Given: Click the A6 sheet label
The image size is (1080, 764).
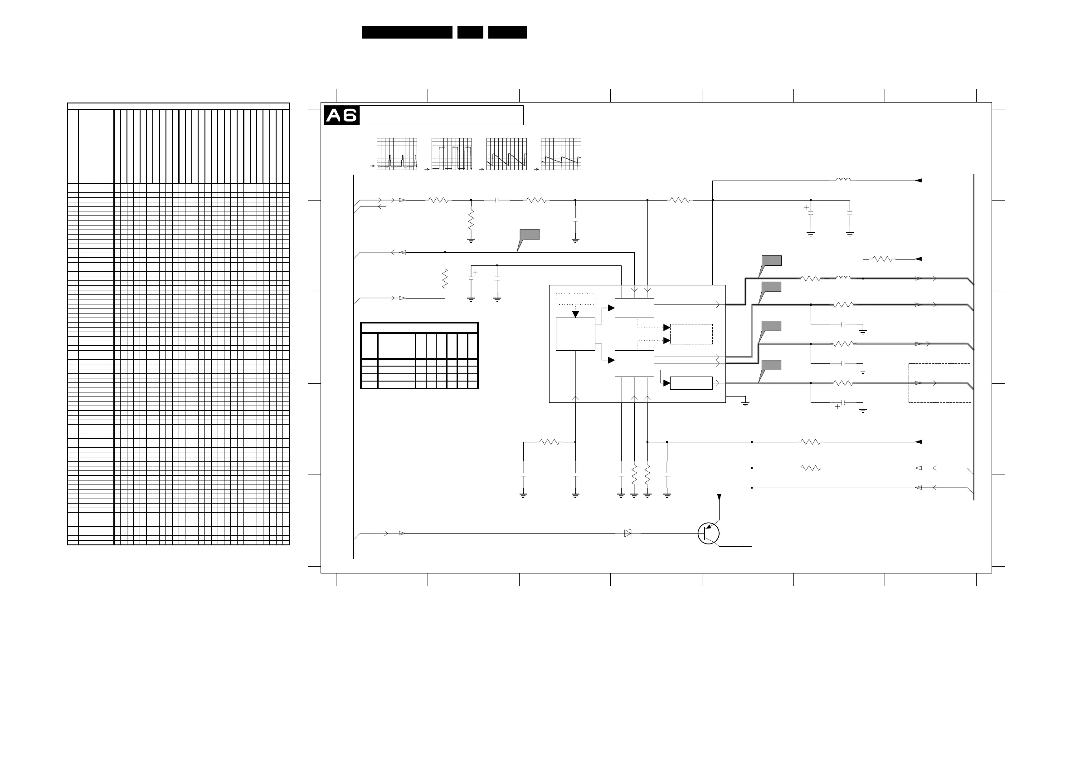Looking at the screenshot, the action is [x=341, y=115].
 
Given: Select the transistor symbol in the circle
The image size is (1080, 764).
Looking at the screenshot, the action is [x=708, y=534].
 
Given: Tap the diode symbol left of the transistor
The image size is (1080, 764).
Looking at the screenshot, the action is [x=628, y=534].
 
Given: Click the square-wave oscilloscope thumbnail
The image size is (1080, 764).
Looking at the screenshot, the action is [x=452, y=154].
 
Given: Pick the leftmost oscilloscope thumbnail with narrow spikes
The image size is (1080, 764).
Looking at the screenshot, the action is [x=397, y=154].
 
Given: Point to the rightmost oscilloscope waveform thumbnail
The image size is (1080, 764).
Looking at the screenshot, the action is [x=561, y=154].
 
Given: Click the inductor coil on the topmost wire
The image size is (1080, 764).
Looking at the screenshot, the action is [x=843, y=180].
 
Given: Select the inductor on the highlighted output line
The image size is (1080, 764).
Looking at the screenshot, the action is [x=843, y=278].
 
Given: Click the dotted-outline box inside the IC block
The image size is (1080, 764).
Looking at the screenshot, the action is [x=575, y=299].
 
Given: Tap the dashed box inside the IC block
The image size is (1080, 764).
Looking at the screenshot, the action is [x=691, y=334].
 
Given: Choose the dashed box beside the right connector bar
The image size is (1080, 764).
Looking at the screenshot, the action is [x=939, y=383].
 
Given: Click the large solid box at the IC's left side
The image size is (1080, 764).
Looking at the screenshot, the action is [x=575, y=334].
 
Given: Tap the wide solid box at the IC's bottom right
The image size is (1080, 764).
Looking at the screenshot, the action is [x=691, y=383].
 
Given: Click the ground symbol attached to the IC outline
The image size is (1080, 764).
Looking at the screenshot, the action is [x=745, y=403].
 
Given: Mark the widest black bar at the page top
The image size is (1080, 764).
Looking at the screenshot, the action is [x=407, y=32].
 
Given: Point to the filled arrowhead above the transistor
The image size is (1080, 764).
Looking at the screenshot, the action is [x=719, y=497].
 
